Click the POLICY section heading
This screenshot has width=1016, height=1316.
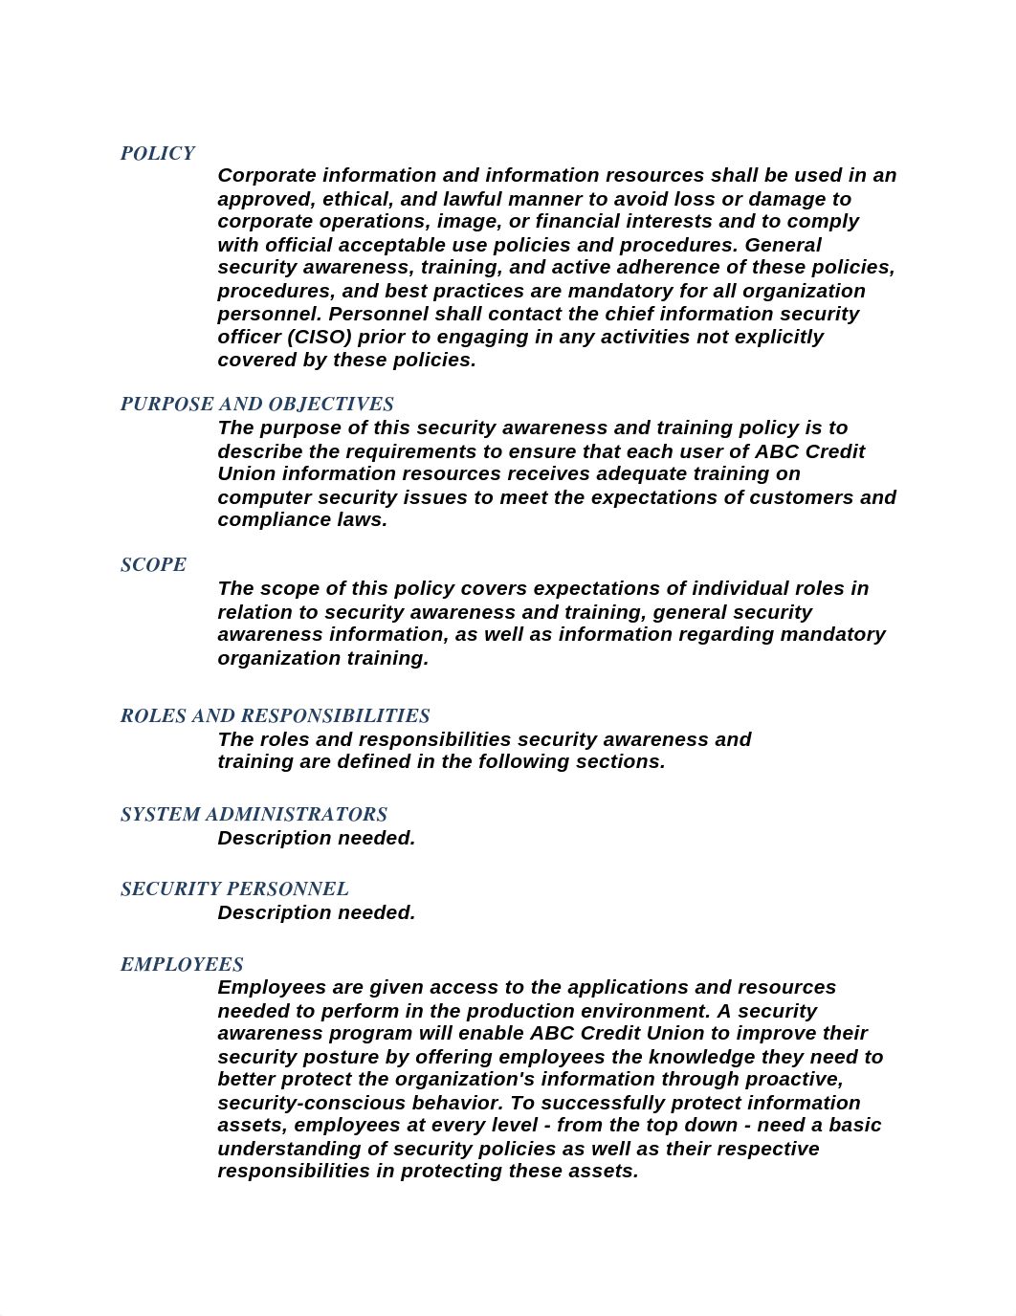tap(157, 154)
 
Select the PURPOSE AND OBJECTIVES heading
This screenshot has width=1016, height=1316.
tap(256, 405)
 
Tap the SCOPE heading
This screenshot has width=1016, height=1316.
tap(153, 565)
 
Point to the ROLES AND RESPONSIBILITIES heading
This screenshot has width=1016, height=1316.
tap(275, 716)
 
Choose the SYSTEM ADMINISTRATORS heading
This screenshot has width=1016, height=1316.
tap(254, 815)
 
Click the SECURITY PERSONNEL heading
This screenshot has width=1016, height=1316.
tap(234, 889)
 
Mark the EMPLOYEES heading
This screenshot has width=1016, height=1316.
tap(182, 965)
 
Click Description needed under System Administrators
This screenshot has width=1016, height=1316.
tap(316, 839)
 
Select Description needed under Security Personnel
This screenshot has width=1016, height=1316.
tap(316, 913)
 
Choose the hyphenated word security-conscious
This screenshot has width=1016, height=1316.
tap(312, 1103)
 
